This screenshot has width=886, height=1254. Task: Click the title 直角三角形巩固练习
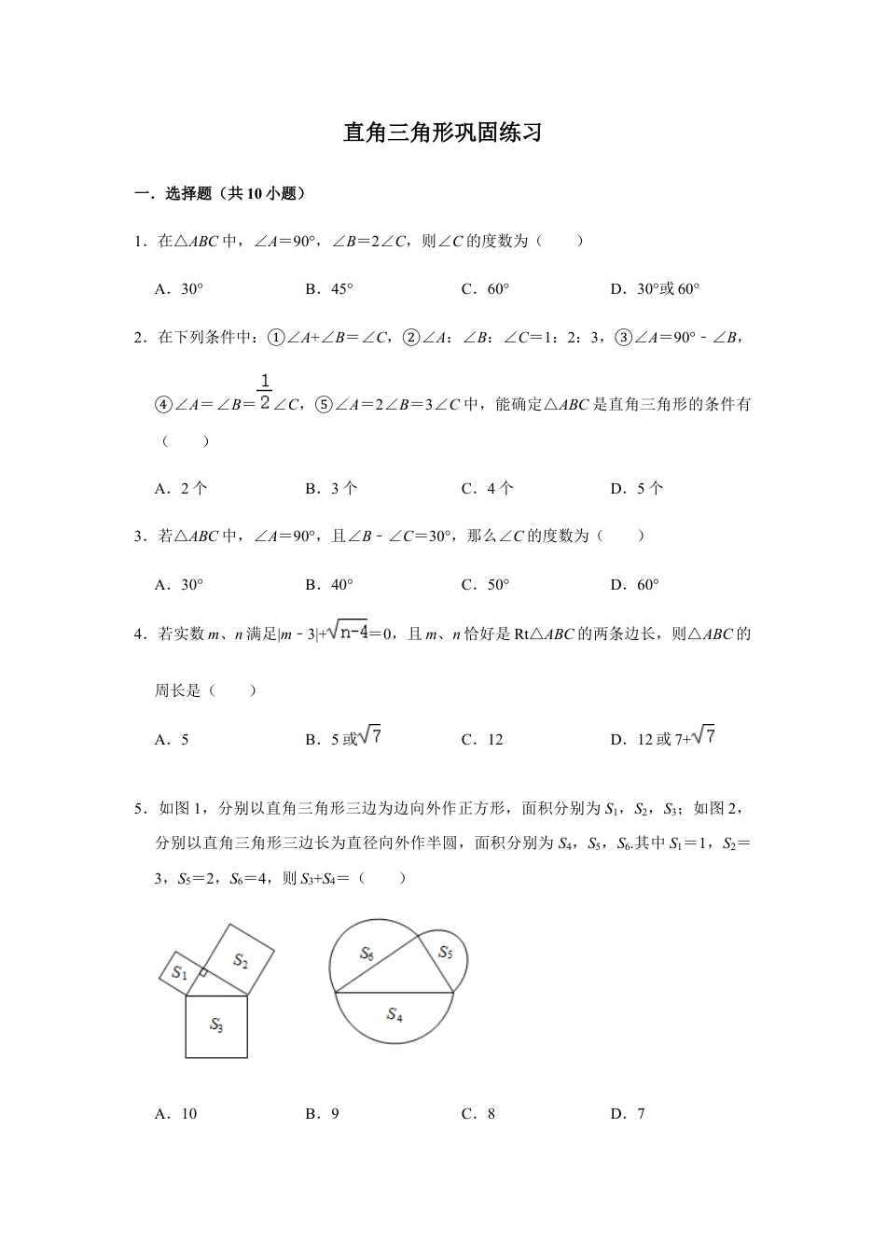click(x=442, y=132)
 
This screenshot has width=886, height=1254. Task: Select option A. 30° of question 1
click(x=179, y=289)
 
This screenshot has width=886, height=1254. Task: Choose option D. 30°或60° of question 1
click(x=654, y=289)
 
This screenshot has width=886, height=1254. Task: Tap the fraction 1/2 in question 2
click(x=265, y=393)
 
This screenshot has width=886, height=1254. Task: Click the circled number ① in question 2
click(x=276, y=338)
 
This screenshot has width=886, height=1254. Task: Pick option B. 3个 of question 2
click(x=331, y=488)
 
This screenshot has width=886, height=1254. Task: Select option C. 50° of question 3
click(x=485, y=585)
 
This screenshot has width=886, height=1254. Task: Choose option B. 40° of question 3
click(x=329, y=585)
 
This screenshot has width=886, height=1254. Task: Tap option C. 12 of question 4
click(x=482, y=740)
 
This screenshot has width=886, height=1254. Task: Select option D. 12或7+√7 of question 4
click(x=662, y=738)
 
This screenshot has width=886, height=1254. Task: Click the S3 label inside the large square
click(x=216, y=1025)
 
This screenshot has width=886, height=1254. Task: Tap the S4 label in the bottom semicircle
click(x=395, y=1013)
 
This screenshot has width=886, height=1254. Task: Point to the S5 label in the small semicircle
click(x=445, y=953)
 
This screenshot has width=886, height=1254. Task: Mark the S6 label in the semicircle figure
click(x=367, y=953)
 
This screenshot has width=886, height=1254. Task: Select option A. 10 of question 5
click(x=176, y=1113)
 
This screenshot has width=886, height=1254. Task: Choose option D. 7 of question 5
click(x=628, y=1113)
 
